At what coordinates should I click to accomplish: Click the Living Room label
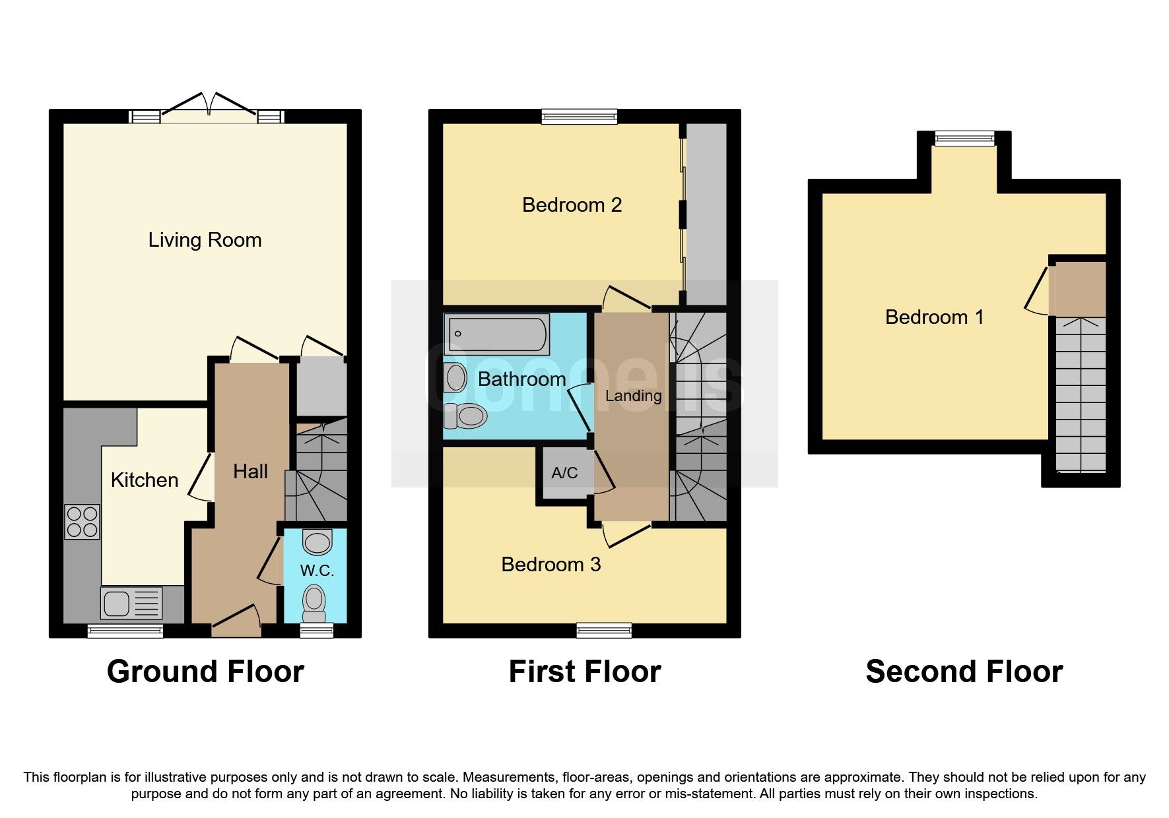pos(205,239)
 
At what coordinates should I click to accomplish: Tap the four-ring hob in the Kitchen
pos(83,522)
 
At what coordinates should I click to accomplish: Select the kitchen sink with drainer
pos(131,603)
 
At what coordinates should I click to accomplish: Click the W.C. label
pos(317,571)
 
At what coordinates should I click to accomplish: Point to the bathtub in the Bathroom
pos(497,334)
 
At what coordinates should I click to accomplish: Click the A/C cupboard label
pos(564,473)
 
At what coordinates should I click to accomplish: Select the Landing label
pos(633,396)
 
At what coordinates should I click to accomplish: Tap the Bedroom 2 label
pos(572,205)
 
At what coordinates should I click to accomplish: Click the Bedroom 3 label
pos(551,565)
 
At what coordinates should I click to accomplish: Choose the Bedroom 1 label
pos(934,317)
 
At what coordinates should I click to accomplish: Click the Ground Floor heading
pos(205,672)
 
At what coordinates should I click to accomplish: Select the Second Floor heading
pos(964,672)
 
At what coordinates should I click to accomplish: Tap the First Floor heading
pos(585,672)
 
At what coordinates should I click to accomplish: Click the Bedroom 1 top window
pos(964,139)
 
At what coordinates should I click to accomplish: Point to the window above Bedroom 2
pos(579,117)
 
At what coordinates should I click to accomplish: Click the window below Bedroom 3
pos(604,630)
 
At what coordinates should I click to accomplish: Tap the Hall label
pos(250,472)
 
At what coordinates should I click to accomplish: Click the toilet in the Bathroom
pos(466,416)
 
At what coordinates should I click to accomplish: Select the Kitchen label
pos(145,480)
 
